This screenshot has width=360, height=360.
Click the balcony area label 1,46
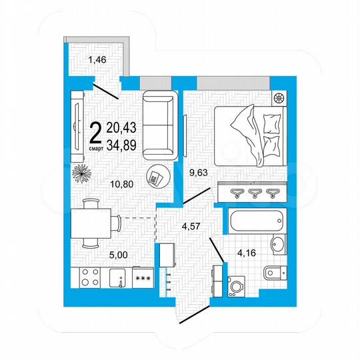(x=98, y=61)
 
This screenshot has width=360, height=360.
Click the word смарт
(x=95, y=149)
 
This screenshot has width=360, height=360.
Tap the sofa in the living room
(x=160, y=124)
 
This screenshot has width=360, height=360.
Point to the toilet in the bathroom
(x=274, y=273)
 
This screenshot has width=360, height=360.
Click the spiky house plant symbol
(x=81, y=175)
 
